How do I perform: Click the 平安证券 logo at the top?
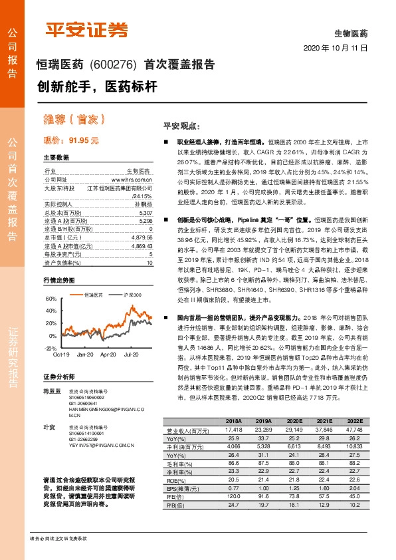pos(86,30)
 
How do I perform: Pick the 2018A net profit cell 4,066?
pos(234,447)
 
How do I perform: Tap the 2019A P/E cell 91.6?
pos(263,495)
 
